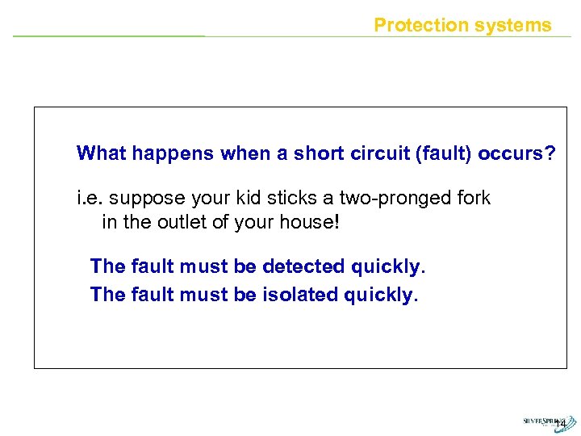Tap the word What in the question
coord(101,153)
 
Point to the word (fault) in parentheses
coord(441,153)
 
